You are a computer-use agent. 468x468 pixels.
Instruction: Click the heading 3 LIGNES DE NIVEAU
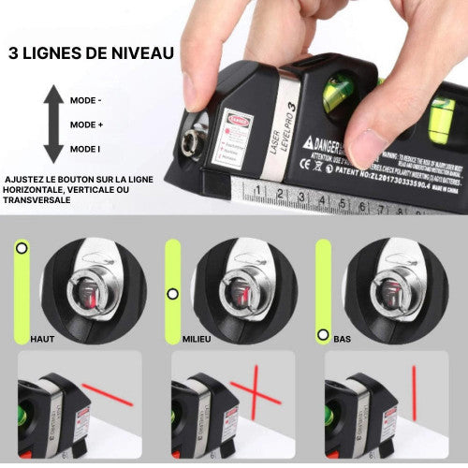[91, 52]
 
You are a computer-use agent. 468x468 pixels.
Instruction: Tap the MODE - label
[87, 100]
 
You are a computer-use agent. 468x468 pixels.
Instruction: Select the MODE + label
[87, 124]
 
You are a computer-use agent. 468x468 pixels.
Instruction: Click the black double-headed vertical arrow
[53, 124]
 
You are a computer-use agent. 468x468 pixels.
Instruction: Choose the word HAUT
[43, 338]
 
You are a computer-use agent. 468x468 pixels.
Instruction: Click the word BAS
[343, 338]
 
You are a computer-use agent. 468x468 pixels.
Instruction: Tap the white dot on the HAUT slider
[22, 249]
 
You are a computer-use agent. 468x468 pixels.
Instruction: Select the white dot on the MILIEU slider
[172, 293]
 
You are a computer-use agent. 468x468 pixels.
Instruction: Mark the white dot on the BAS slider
[323, 333]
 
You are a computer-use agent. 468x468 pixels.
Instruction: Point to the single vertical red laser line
[414, 392]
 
